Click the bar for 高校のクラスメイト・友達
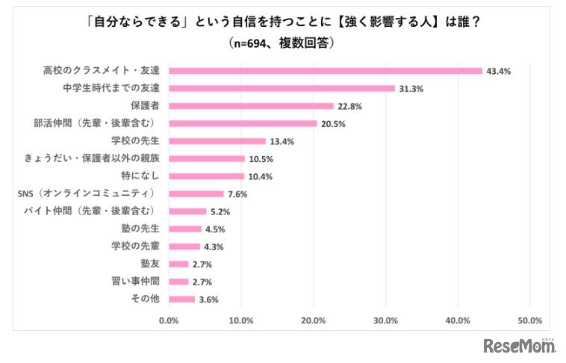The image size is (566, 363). [x=326, y=71]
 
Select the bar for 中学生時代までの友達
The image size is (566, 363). [x=282, y=88]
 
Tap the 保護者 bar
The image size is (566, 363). [x=252, y=106]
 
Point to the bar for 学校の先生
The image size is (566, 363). [x=217, y=141]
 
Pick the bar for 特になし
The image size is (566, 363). [x=207, y=176]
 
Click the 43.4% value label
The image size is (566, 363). [x=499, y=71]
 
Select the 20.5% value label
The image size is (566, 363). [x=333, y=124]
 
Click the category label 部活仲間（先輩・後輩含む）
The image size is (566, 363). [x=109, y=123]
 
